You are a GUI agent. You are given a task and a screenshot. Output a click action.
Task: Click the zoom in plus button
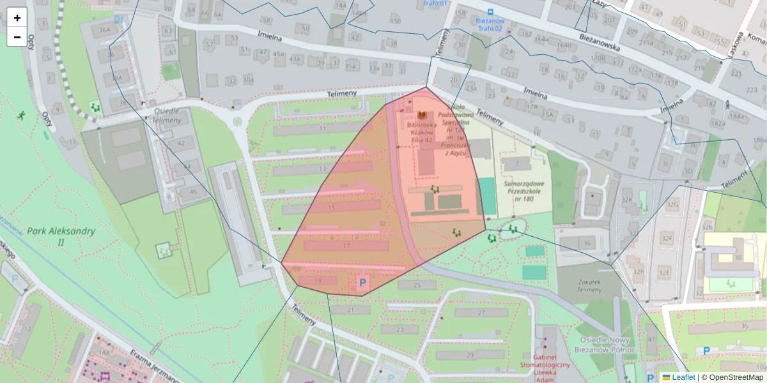(17, 18)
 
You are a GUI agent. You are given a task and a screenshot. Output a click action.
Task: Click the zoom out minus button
(17, 37)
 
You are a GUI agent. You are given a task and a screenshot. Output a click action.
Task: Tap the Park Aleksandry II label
(61, 236)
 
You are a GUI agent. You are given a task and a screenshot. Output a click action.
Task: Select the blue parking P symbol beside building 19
(363, 282)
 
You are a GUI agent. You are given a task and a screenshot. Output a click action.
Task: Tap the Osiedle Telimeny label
(167, 115)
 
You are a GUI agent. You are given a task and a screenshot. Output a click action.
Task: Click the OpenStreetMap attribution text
(732, 377)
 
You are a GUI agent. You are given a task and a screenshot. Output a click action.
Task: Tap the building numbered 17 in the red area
(346, 246)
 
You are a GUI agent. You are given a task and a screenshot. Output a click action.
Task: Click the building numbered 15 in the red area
(331, 207)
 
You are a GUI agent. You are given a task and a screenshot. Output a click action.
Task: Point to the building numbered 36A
(101, 29)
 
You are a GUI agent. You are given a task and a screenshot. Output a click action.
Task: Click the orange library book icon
(422, 115)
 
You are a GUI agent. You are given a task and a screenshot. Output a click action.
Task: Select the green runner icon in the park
(21, 116)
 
